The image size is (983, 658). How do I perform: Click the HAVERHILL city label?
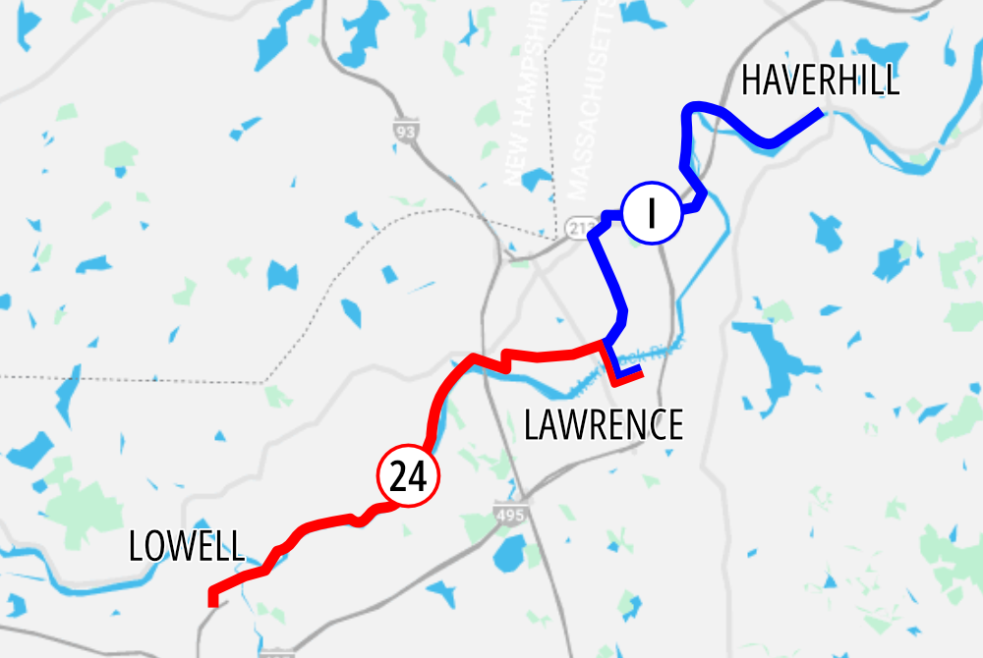(820, 81)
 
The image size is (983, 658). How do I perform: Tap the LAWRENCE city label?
(603, 425)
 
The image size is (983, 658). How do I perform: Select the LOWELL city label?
(187, 546)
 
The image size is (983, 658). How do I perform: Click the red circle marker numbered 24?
(408, 478)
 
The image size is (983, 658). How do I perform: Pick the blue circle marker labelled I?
(652, 213)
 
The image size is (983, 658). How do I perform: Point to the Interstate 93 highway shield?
(403, 131)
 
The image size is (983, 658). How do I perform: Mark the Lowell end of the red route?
(212, 600)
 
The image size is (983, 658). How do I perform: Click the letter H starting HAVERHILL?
(751, 81)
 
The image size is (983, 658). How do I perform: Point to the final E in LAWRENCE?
(673, 425)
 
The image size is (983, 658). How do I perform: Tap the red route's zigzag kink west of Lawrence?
(505, 358)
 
